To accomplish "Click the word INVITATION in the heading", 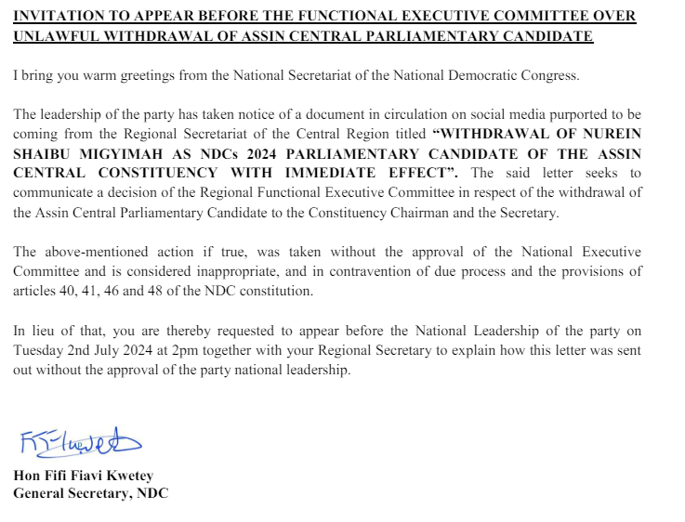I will click(x=57, y=16).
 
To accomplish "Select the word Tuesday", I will click(x=38, y=350).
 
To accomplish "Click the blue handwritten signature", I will click(x=79, y=444).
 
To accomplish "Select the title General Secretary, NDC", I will click(x=91, y=493).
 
